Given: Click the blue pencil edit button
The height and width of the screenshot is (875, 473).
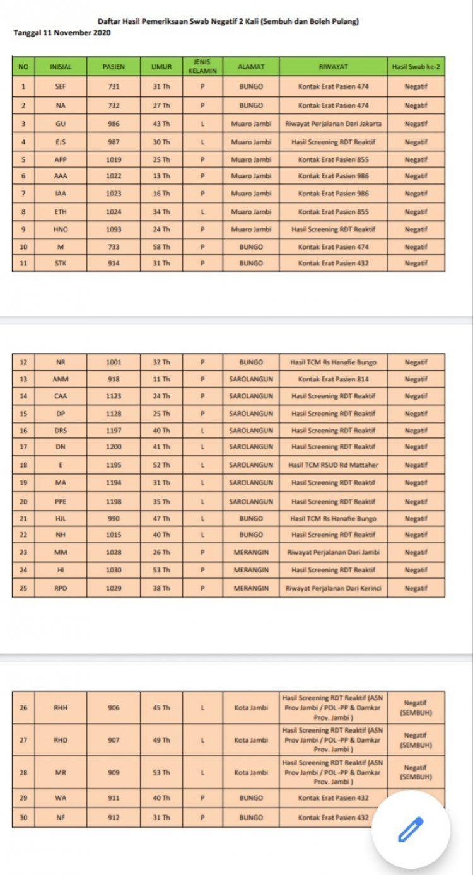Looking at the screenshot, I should pos(411,829).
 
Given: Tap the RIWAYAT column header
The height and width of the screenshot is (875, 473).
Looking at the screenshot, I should pos(334,66).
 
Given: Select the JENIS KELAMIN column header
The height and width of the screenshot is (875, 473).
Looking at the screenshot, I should pos(202,66).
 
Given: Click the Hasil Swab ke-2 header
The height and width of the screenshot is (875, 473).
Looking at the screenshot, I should pos(416,66).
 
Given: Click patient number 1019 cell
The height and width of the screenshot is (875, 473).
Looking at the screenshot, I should pos(114,159).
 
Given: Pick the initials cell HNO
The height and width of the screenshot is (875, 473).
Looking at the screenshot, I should pos(61,229).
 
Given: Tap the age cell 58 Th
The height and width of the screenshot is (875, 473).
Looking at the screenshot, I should pos(161,247).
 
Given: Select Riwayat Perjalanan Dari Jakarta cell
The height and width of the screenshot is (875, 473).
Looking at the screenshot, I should pos(334,124).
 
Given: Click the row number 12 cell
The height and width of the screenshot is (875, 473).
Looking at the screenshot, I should pos(23,362).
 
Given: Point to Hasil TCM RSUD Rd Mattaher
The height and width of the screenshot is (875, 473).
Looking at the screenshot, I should pos(334,465).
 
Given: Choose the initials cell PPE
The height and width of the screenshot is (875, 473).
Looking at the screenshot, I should pos(61,502).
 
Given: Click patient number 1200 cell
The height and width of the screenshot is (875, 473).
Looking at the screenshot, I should pos(114,446).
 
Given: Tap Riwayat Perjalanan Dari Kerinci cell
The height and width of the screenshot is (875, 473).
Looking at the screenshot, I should pos(334,588).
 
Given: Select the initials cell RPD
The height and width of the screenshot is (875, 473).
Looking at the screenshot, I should pos(61,588).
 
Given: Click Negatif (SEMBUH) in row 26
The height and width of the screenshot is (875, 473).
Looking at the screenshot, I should pos(416,707).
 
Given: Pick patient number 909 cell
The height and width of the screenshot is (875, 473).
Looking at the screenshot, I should pos(114,772).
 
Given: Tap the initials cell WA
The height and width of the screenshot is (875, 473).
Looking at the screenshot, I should pos(61,798).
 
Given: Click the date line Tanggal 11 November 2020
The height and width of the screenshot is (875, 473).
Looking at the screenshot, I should pos(62,32).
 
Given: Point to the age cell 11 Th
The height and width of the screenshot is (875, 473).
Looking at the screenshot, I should pos(161,380).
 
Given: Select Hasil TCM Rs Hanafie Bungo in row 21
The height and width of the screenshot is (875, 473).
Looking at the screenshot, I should pos(334,518).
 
